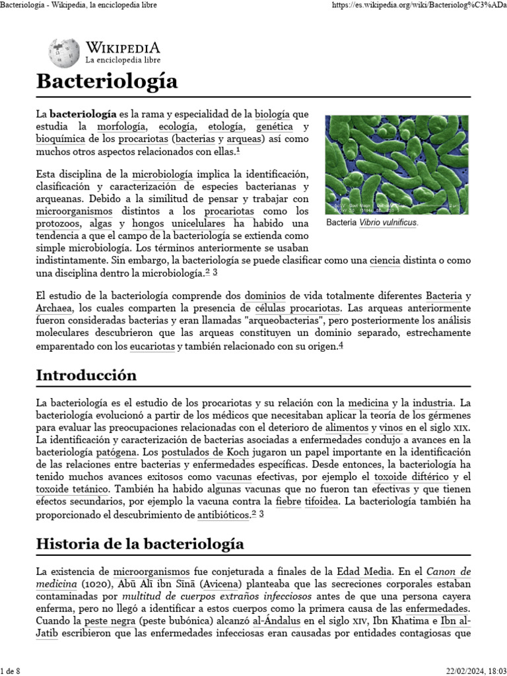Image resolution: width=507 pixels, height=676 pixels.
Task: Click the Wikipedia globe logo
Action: [x=64, y=51]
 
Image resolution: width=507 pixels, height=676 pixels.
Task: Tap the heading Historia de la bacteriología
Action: [x=140, y=544]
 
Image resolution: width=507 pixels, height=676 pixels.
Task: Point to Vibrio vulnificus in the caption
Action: [x=388, y=222]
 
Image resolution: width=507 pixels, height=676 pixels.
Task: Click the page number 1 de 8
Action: [x=11, y=671]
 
